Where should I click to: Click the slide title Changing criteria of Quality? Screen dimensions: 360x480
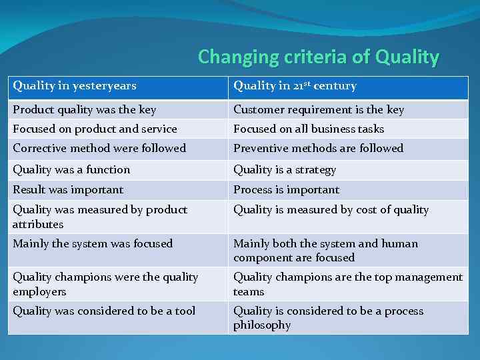[x=319, y=57]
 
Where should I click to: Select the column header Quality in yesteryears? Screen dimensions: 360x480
[x=75, y=86]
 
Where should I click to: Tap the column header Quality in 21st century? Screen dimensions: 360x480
[x=295, y=86]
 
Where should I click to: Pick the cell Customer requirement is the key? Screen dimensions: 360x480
[x=319, y=109]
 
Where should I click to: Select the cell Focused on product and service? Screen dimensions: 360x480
[x=95, y=129]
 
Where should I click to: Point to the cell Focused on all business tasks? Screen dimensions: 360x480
[x=309, y=129]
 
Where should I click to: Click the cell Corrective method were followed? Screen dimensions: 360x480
[x=99, y=148]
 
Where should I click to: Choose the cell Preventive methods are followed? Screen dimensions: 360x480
[x=318, y=148]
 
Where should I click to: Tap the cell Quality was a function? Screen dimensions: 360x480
[x=71, y=170]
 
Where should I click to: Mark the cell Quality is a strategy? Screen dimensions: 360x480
[x=285, y=170]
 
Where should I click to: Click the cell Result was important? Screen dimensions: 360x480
[x=68, y=190]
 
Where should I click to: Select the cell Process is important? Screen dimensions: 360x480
[x=286, y=190]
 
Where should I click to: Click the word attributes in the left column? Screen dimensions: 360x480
[x=38, y=225]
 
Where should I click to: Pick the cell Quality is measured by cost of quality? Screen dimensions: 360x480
[x=331, y=210]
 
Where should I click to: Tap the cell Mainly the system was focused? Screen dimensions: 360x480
[x=93, y=244]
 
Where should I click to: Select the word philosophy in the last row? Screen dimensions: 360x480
[x=262, y=325]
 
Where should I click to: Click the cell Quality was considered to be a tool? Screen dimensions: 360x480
[x=104, y=311]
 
